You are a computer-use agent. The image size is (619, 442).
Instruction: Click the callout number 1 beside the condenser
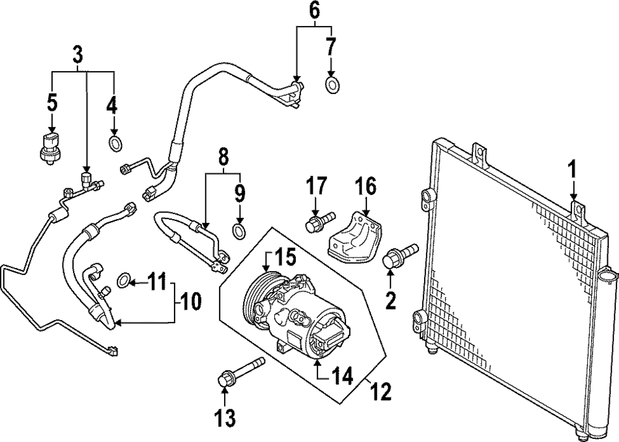click(573, 168)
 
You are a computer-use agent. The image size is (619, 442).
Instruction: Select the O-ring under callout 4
click(115, 144)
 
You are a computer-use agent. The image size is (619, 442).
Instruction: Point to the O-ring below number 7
click(332, 85)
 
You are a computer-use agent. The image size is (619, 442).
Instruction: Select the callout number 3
click(77, 54)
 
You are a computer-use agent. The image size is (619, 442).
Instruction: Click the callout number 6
click(315, 10)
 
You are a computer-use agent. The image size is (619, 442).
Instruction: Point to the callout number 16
click(365, 186)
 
